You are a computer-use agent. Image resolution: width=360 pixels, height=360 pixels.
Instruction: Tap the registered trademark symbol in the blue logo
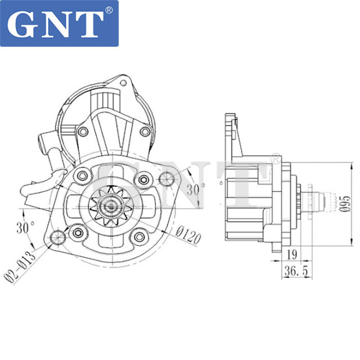[109, 10]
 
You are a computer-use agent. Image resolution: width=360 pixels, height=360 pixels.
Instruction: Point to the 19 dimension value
[292, 254]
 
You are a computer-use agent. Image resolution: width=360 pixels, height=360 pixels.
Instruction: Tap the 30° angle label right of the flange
[193, 190]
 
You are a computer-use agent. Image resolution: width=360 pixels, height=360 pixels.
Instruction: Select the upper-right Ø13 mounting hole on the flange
[166, 178]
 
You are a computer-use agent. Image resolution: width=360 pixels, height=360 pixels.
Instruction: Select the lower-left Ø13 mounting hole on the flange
[57, 238]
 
